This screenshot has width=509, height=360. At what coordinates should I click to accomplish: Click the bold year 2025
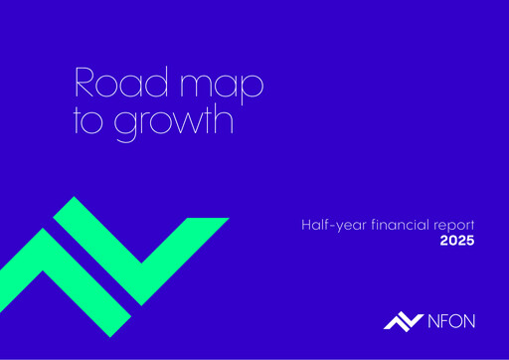point(457,242)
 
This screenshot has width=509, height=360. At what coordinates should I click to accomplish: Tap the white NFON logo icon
point(402,320)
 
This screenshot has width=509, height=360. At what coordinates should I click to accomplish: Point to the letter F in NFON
point(442,320)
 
